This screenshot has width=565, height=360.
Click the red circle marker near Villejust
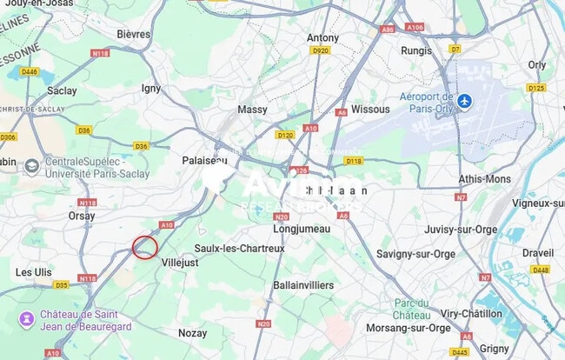pos(145,247)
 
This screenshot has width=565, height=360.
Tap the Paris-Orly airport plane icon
pos(465,102)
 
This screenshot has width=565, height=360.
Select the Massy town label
pos(252,110)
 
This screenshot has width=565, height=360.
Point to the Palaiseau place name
pos(204,161)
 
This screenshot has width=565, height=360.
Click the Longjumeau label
pos(302,229)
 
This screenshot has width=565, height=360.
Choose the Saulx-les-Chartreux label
pos(239,248)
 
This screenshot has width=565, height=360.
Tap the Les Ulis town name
pos(33,272)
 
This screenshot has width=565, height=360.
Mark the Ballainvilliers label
pos(303,285)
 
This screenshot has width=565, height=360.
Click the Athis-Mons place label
pos(485,179)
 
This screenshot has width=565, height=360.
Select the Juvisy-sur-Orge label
pos(461,230)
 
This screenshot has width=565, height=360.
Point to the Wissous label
pos(371,110)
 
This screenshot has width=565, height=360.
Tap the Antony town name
pos(322,38)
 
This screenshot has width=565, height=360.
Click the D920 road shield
pos(321,51)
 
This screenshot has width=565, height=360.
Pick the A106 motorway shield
pos(415,28)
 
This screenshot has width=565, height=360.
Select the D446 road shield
pos(30,71)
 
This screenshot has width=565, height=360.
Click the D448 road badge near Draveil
pos(541,270)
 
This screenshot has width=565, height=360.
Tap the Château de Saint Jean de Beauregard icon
pos(27,318)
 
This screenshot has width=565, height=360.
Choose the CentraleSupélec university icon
pos(31,166)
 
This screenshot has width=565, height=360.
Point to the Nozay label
pos(192,333)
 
